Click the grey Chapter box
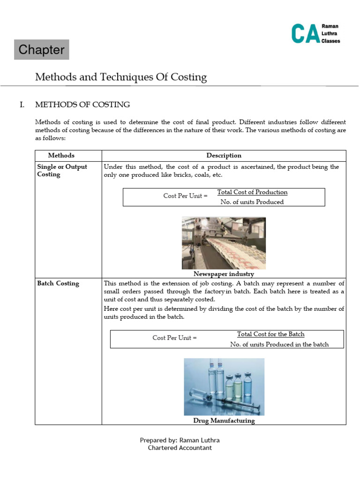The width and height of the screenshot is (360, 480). tap(41, 50)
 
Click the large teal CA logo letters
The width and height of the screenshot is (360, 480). tap(305, 34)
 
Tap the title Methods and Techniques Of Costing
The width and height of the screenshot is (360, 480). tap(121, 77)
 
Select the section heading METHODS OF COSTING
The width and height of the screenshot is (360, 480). tap(82, 105)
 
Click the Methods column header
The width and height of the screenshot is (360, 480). tap(61, 156)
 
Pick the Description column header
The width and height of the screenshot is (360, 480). tap(224, 156)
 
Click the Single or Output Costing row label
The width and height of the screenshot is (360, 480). tap(62, 171)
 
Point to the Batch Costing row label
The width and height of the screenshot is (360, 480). tap(58, 284)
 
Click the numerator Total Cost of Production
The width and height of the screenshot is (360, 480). tap(252, 192)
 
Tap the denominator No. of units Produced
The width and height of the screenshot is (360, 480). tap(252, 202)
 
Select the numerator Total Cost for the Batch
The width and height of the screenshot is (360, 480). tap(270, 334)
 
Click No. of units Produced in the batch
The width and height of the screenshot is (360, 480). tap(279, 344)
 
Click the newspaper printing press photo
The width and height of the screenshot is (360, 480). tap(224, 242)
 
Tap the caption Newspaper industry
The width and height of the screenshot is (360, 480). tap(224, 274)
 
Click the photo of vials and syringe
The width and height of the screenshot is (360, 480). tap(224, 387)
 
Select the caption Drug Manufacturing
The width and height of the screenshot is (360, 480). tap(224, 420)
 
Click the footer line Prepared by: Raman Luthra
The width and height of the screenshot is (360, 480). tap(180, 440)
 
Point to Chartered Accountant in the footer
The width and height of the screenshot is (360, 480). tap(180, 448)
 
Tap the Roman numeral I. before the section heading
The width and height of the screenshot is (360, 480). tap(22, 105)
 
